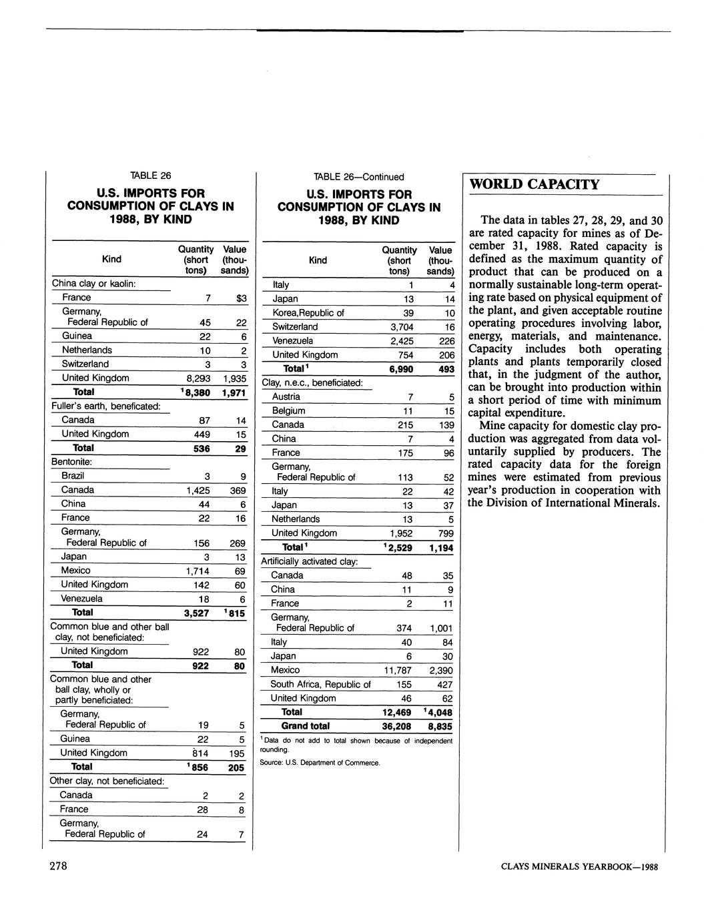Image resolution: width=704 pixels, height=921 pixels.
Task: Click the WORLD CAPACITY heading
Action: [535, 184]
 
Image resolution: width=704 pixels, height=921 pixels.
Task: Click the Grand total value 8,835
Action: [440, 726]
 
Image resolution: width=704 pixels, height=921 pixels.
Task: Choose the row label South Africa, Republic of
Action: [320, 684]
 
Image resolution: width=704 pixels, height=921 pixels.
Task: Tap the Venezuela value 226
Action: [446, 341]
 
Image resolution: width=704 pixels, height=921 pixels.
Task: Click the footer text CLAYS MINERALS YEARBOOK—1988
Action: [579, 867]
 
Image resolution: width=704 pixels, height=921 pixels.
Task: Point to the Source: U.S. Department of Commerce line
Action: [320, 763]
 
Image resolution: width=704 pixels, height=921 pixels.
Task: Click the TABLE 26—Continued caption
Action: [359, 177]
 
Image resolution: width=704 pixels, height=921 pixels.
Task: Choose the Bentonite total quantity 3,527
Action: [198, 613]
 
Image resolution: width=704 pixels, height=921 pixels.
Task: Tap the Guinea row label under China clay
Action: [77, 336]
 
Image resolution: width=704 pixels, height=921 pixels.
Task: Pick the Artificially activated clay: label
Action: [310, 561]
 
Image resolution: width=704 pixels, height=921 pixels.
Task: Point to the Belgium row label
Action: [288, 410]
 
